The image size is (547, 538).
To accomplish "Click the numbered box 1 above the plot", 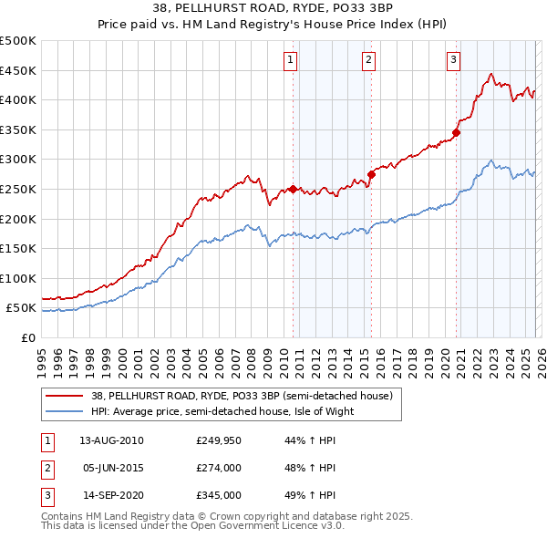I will [290, 60].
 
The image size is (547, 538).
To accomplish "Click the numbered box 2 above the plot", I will [368, 60].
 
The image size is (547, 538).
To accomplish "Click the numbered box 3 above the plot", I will [453, 60].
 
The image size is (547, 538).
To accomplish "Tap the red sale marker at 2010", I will [293, 189].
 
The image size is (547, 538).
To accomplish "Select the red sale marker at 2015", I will [371, 174].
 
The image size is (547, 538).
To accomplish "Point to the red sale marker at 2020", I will [456, 132].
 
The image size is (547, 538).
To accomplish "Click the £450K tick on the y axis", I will [18, 70].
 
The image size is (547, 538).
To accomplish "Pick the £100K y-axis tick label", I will [18, 278].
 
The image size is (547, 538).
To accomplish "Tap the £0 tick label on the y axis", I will [27, 337].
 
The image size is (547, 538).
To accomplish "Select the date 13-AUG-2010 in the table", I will [111, 440].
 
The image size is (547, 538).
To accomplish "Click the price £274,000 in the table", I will [218, 468].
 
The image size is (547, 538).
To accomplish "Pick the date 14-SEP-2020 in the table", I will [111, 496].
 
